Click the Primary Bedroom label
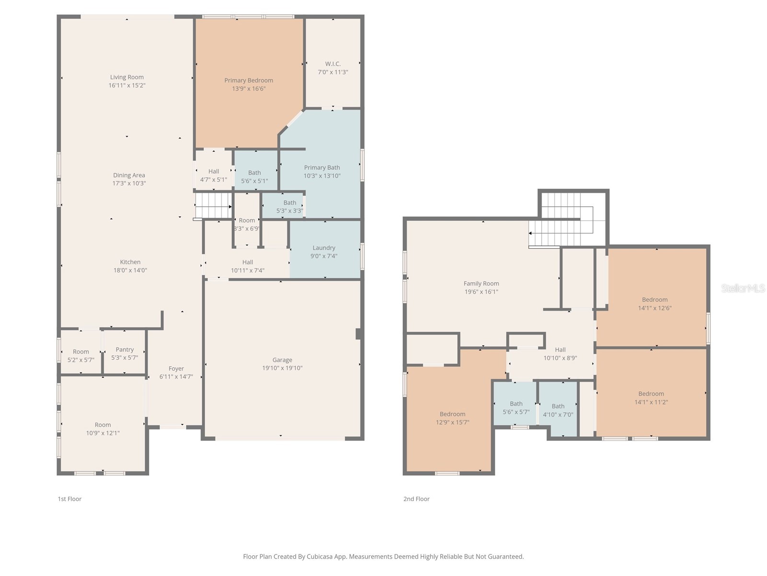point(248,80)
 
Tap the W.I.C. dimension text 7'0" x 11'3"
point(333,72)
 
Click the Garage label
point(282,360)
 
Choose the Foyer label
point(176,369)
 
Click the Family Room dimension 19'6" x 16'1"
point(481,292)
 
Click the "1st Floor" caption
point(70,499)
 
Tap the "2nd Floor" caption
point(416,499)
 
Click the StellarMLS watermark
point(743,288)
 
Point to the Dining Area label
point(129,175)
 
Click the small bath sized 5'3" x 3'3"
point(290,206)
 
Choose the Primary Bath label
point(322,168)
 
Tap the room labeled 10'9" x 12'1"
point(103,428)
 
